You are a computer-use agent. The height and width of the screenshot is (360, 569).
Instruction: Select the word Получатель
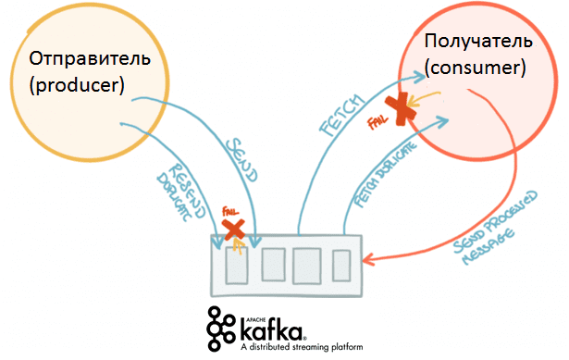click(477, 42)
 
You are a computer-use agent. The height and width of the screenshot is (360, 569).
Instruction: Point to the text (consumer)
click(475, 68)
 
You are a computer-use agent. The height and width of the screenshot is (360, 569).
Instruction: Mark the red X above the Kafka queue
click(234, 229)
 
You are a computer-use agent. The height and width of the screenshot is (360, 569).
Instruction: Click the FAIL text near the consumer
click(377, 120)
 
